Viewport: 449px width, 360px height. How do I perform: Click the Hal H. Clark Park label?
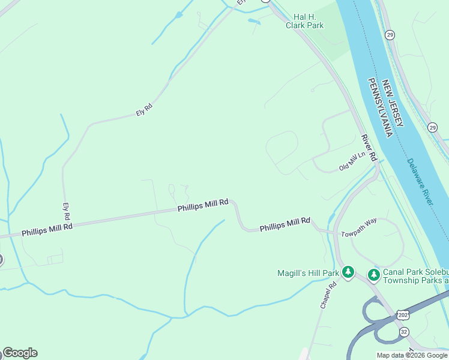pos(309,22)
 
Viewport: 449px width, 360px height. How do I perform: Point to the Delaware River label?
pos(420,182)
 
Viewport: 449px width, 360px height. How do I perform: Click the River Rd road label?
pos(368,148)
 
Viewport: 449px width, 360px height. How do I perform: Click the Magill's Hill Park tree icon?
pos(348,273)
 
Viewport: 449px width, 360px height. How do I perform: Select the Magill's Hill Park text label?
pos(309,273)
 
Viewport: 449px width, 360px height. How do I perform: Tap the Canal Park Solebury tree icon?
pos(374,275)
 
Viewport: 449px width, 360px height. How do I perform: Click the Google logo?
pos(20,353)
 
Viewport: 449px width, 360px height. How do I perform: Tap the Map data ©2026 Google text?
pos(412,355)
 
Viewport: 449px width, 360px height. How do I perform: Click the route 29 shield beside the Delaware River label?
pos(432,127)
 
